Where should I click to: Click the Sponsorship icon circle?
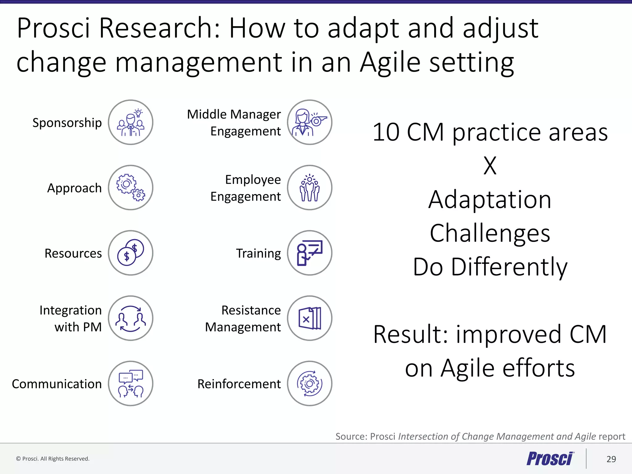coord(131,122)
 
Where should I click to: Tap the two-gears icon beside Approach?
coord(131,188)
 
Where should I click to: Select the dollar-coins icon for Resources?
coord(131,253)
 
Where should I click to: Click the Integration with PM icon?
coord(131,318)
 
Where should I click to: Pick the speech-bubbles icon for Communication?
coord(131,384)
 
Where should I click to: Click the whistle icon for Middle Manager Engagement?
coord(310,122)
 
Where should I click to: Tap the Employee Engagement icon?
coord(310,188)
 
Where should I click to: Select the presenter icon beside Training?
coord(310,253)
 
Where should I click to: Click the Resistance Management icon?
coord(310,318)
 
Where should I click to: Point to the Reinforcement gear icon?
coord(310,384)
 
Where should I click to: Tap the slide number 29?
coord(611,459)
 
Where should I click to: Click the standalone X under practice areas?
coord(490,166)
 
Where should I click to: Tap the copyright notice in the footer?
coord(53,459)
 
